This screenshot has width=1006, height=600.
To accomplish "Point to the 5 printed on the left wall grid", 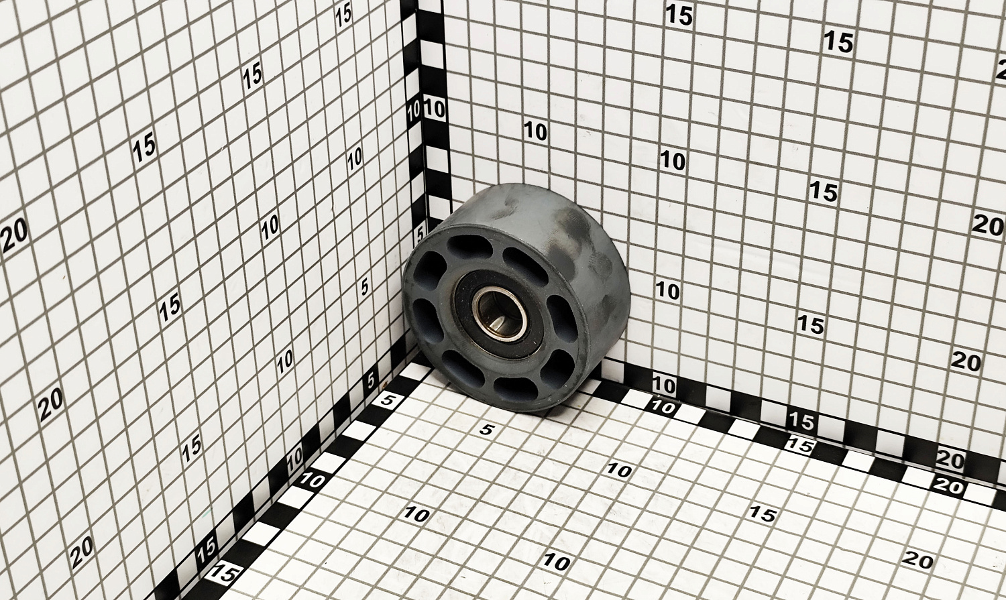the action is coord(365,286).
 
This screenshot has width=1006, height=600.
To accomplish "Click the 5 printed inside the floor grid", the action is coord(486,430).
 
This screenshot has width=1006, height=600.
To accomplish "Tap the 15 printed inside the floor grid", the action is coord(763,514).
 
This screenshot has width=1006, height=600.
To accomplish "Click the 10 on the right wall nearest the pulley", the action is coord(667,291).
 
